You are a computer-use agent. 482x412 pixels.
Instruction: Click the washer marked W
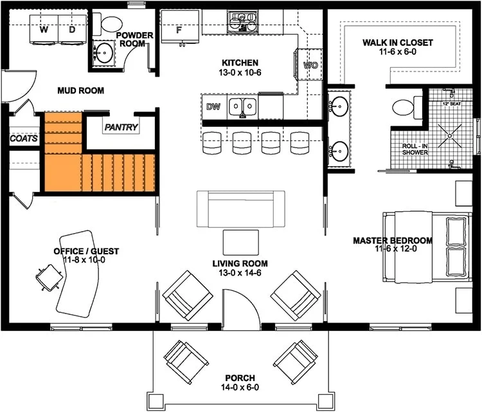pyautogui.click(x=44, y=29)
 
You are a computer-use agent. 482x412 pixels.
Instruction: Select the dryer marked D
pyautogui.click(x=73, y=29)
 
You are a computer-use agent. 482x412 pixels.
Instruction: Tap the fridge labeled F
pyautogui.click(x=181, y=27)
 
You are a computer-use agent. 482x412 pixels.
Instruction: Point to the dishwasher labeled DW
pyautogui.click(x=214, y=107)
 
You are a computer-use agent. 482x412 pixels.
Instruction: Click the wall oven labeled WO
pyautogui.click(x=310, y=64)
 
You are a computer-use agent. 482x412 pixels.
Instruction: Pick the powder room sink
pyautogui.click(x=104, y=53)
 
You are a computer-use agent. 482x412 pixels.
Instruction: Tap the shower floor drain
pyautogui.click(x=450, y=135)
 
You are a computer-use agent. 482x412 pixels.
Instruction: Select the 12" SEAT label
pyautogui.click(x=452, y=104)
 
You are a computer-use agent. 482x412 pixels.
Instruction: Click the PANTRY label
pyautogui.click(x=121, y=127)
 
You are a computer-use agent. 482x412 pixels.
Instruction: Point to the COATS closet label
pyautogui.click(x=24, y=138)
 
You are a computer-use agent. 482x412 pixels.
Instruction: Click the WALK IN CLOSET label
pyautogui.click(x=398, y=42)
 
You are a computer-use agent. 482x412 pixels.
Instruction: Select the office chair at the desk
pyautogui.click(x=49, y=277)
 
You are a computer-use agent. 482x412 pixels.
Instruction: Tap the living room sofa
pyautogui.click(x=241, y=209)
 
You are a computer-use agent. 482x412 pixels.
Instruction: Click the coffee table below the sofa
pyautogui.click(x=241, y=243)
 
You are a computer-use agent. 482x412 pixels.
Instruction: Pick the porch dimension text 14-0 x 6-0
pyautogui.click(x=240, y=387)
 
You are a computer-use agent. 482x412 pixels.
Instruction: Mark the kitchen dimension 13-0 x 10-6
pyautogui.click(x=240, y=73)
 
